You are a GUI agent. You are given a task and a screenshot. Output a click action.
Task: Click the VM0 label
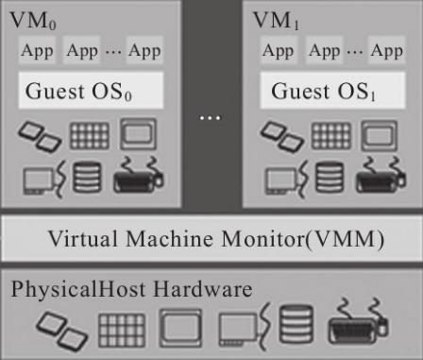tap(33, 21)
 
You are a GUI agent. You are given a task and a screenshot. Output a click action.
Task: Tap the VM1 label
tap(276, 21)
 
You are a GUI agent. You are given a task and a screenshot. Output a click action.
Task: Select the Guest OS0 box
tap(91, 91)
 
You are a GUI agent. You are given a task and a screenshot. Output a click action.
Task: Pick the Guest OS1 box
tap(332, 91)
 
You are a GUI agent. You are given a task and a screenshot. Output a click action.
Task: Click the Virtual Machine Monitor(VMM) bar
tap(211, 238)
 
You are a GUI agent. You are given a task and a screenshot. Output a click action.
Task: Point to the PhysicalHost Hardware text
tap(131, 289)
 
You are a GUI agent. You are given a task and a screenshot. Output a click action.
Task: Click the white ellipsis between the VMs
tap(211, 118)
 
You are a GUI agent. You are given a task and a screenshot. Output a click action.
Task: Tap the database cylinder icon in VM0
tap(87, 177)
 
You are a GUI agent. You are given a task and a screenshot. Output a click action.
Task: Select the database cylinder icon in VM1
tap(330, 177)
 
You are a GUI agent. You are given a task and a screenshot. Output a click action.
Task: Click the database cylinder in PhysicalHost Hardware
tap(296, 325)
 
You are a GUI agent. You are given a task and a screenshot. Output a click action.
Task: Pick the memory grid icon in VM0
tap(90, 136)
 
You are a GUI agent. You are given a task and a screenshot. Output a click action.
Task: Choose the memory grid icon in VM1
tap(331, 136)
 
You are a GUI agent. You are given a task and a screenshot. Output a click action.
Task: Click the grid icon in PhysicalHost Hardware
tap(122, 331)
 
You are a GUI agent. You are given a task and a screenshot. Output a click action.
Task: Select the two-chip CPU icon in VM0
tap(40, 137)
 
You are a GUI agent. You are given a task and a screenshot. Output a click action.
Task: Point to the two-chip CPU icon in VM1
tap(282, 137)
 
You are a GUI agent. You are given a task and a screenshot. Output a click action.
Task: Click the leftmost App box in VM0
tap(37, 50)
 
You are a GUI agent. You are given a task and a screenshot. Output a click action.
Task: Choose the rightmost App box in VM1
tap(387, 50)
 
